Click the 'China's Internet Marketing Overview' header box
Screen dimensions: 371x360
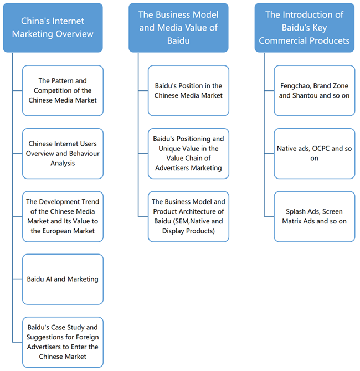[53, 28]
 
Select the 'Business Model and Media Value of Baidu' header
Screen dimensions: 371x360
[178, 28]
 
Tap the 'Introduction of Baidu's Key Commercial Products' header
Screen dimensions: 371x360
[304, 28]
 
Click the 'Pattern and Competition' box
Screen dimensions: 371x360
[63, 90]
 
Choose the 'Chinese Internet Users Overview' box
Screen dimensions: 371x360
[63, 154]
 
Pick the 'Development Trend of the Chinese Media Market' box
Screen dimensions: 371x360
[63, 216]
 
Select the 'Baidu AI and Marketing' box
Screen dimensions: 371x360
[63, 279]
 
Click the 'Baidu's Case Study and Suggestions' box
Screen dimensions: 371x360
[63, 342]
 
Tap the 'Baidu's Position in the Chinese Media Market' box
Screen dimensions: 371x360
[188, 90]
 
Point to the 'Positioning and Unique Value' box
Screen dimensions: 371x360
[188, 154]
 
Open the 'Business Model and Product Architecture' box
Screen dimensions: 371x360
[188, 216]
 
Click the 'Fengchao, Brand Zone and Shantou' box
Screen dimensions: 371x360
[314, 90]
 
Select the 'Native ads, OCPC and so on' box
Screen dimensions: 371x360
[314, 154]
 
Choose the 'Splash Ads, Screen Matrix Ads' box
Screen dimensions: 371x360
[314, 216]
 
